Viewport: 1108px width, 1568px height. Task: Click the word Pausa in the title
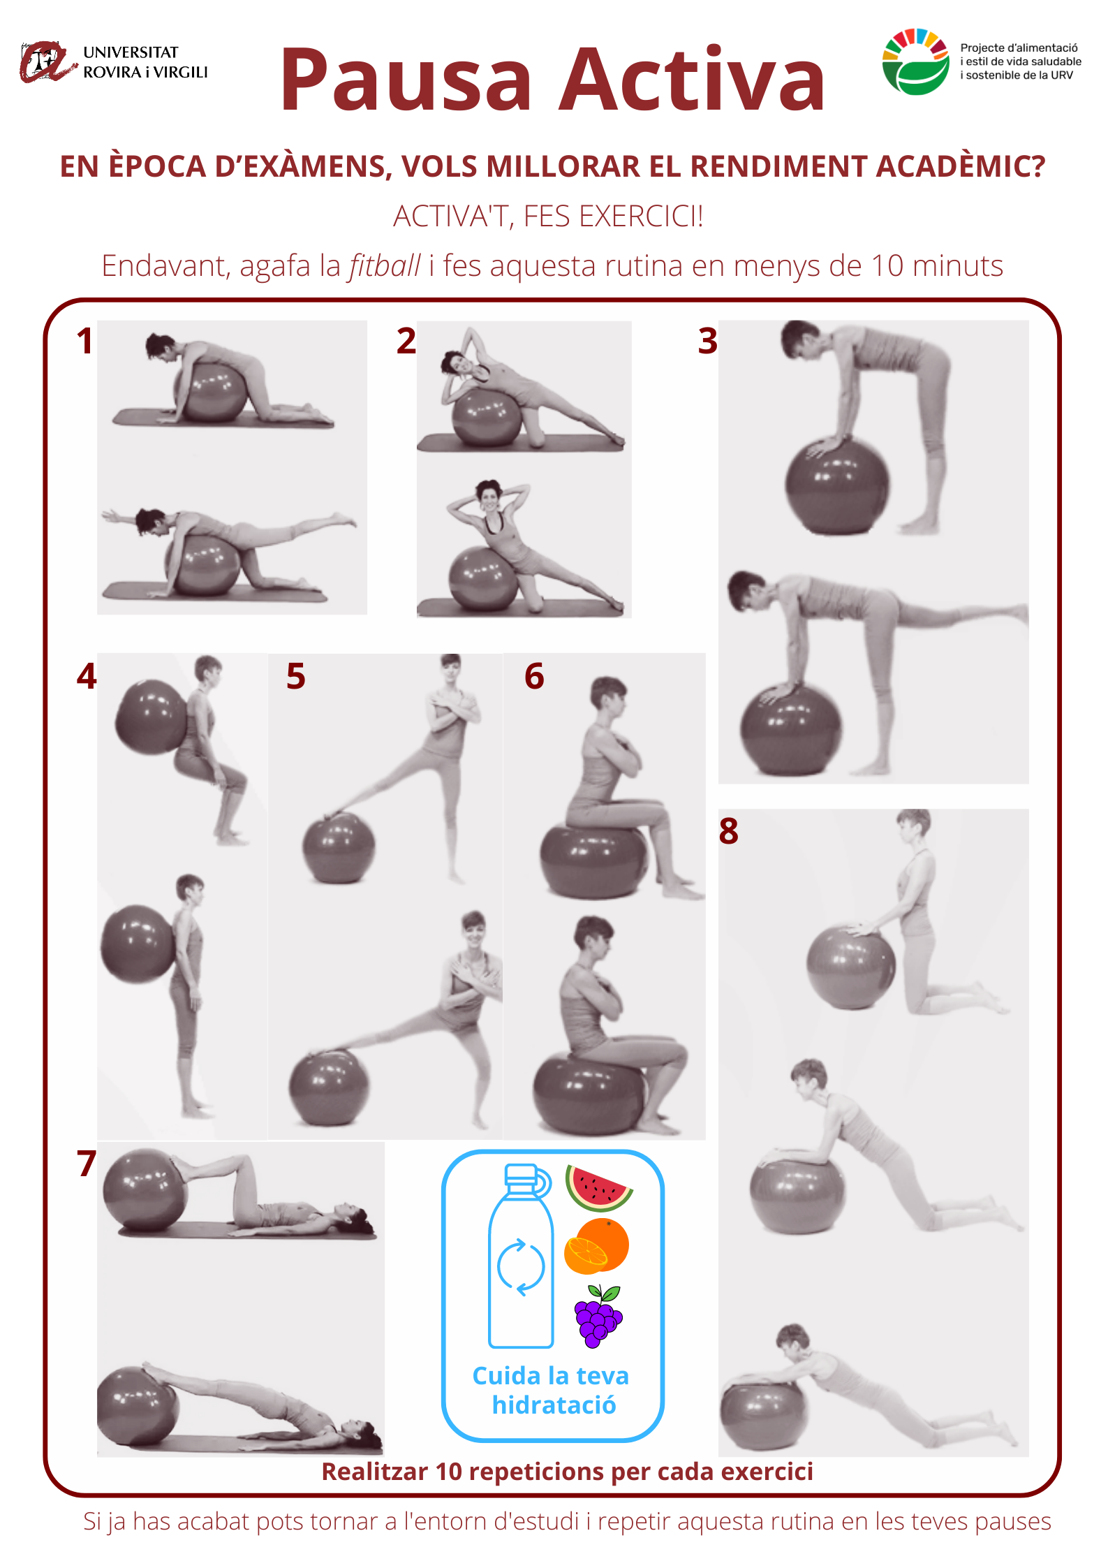[x=406, y=79]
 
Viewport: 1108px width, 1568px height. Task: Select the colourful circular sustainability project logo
[x=915, y=61]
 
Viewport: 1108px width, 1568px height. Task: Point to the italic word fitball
[x=385, y=265]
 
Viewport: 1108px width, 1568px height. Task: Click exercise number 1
[x=85, y=341]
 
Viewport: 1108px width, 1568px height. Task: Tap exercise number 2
[x=406, y=341]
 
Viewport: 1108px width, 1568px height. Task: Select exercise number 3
[x=708, y=341]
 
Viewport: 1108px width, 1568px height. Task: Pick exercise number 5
[x=296, y=676]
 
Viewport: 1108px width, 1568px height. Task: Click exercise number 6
[x=534, y=676]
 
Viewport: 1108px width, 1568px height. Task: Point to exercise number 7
[x=87, y=1164]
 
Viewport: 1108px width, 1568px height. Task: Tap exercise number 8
[x=728, y=831]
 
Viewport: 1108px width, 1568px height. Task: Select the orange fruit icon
[x=596, y=1247]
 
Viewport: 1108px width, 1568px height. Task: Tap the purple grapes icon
[x=598, y=1315]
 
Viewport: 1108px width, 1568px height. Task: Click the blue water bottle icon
[x=521, y=1256]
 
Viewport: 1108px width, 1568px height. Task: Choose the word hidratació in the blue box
[x=554, y=1405]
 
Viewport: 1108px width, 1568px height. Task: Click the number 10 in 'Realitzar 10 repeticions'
[x=448, y=1471]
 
